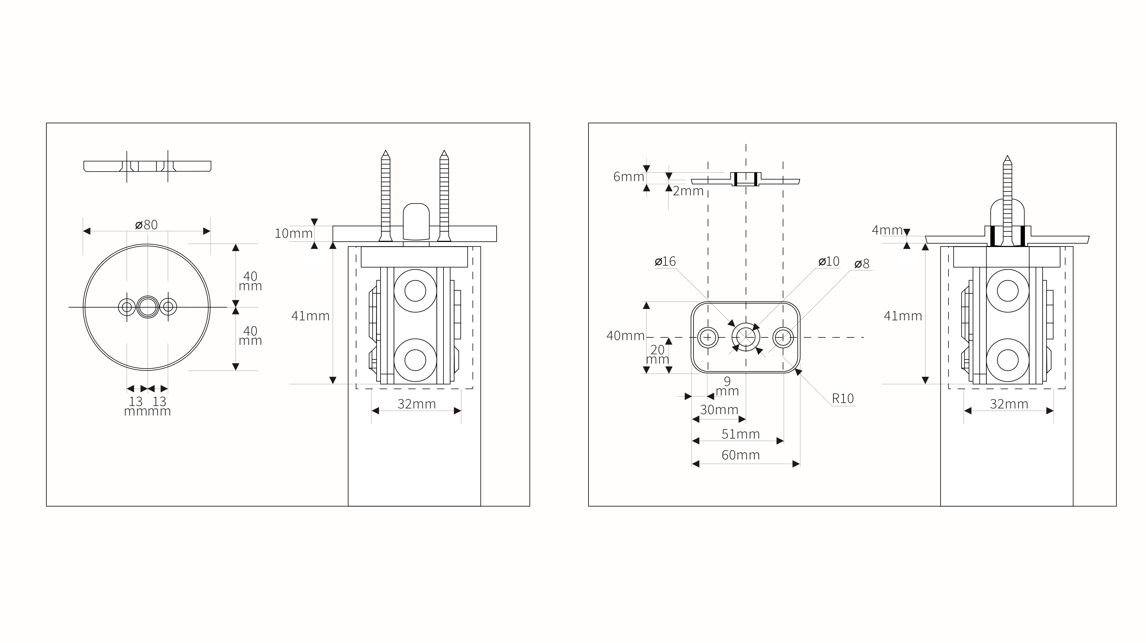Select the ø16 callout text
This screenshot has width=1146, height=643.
pos(665,262)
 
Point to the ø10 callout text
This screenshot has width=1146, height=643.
pos(829,262)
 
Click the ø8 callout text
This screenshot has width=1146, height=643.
pos(862,264)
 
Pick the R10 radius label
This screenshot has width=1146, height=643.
pos(843,399)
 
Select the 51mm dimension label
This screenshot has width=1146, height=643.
pos(741,434)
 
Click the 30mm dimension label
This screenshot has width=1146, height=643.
pos(719,410)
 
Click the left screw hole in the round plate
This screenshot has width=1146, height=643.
pos(127,307)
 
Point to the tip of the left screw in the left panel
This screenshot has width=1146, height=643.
pos(385,150)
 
